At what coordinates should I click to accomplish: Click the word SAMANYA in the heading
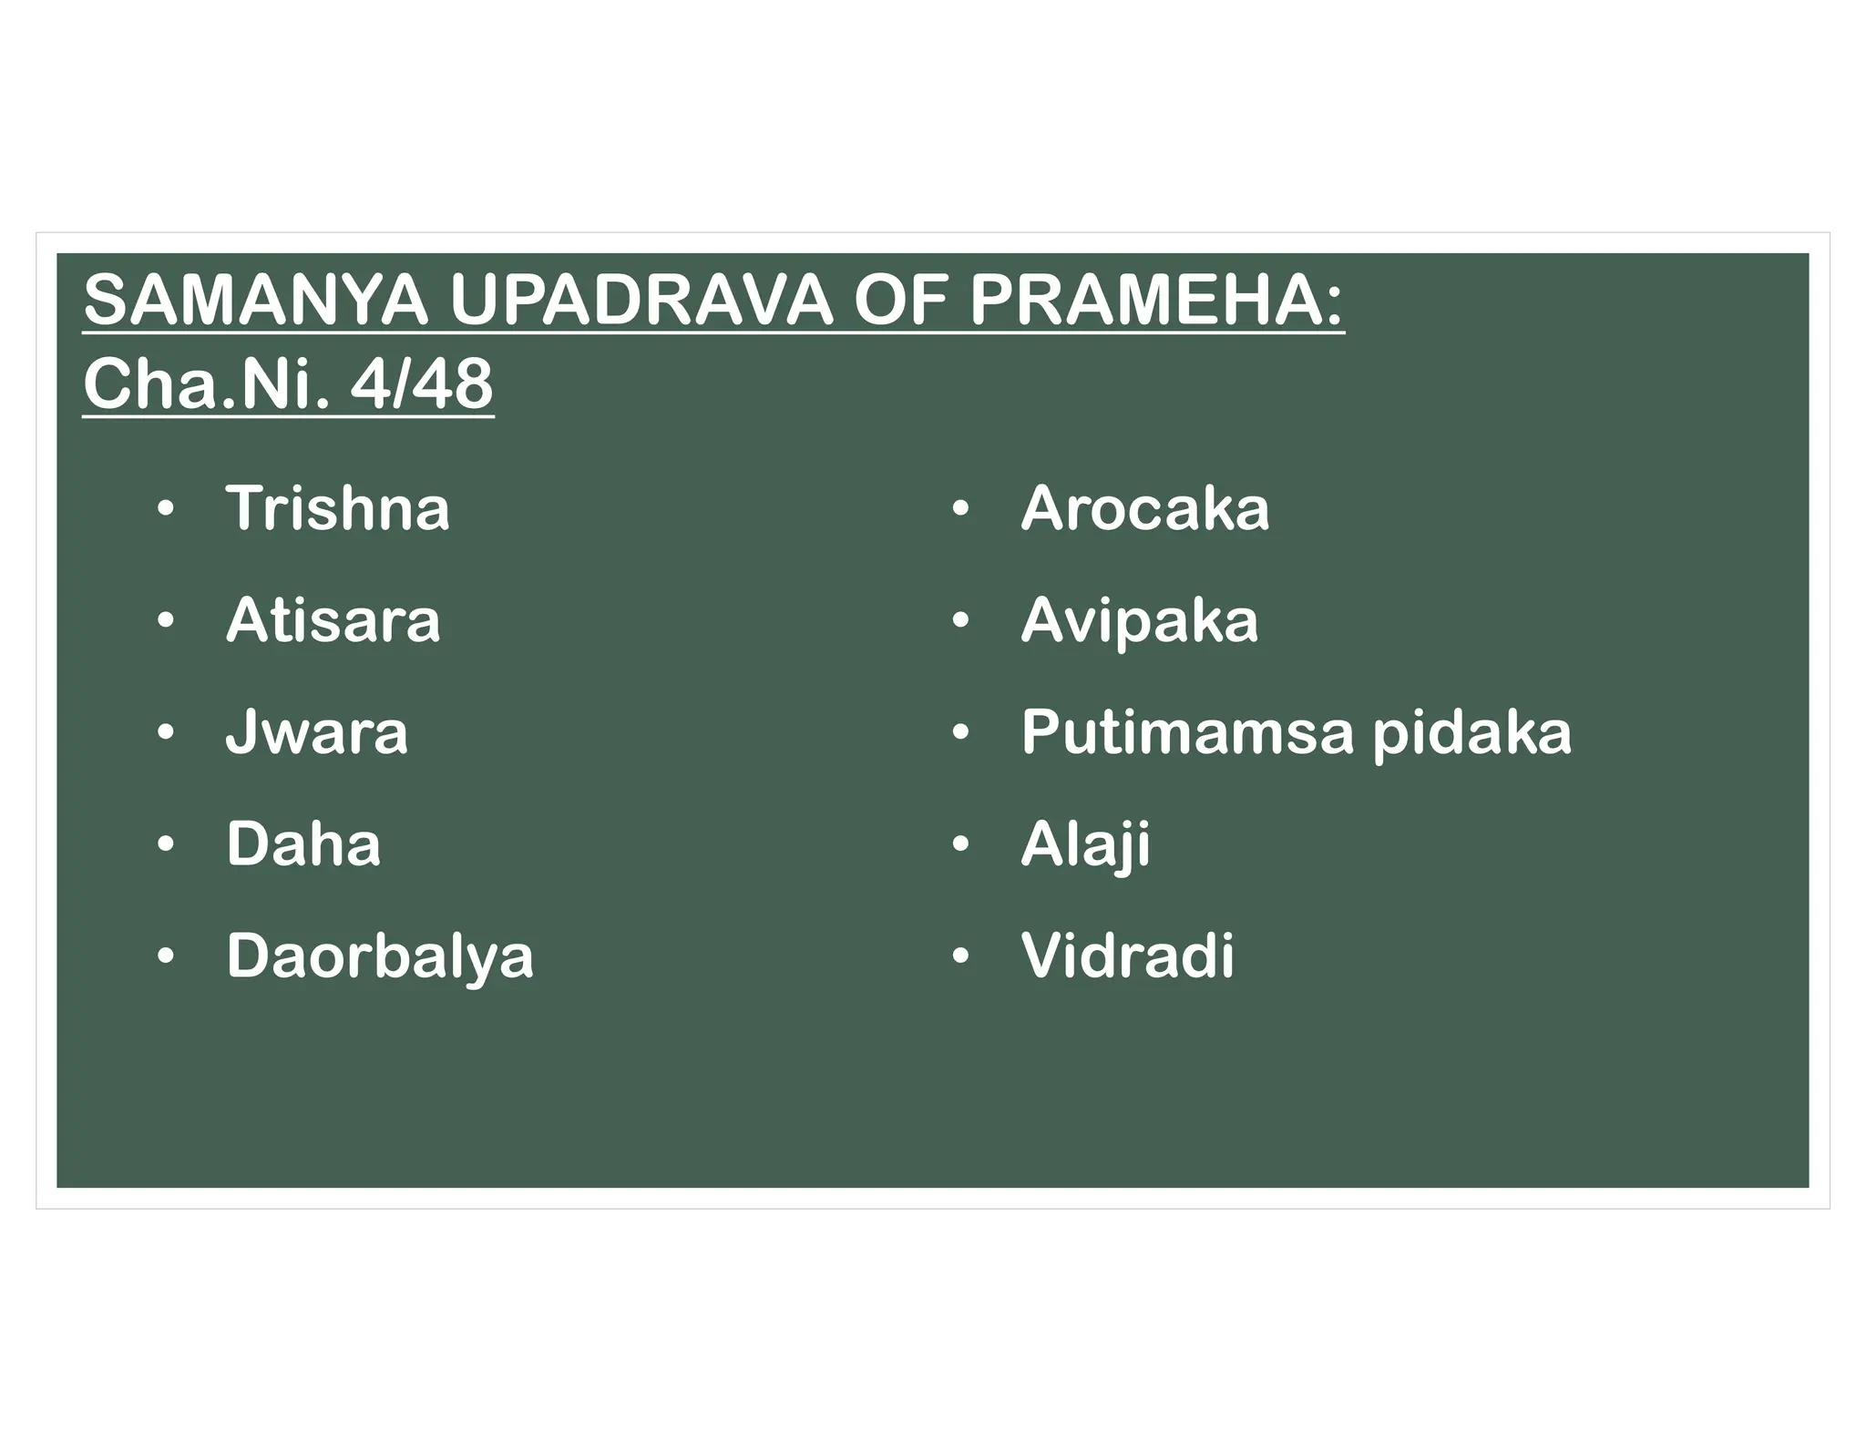(255, 301)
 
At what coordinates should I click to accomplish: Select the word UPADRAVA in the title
(641, 301)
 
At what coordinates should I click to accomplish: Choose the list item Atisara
(333, 620)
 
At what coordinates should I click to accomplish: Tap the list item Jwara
(316, 732)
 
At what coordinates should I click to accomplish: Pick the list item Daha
(302, 844)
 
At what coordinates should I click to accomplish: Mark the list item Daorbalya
(379, 956)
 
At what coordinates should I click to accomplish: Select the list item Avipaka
(1139, 620)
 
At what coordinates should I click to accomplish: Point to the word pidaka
(1471, 734)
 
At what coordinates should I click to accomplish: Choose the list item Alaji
(1085, 844)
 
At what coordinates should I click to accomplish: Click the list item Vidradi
(1127, 956)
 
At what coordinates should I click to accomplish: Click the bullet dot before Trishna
(165, 508)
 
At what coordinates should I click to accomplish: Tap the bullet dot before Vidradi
(959, 957)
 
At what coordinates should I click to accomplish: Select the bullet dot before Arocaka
(959, 508)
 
